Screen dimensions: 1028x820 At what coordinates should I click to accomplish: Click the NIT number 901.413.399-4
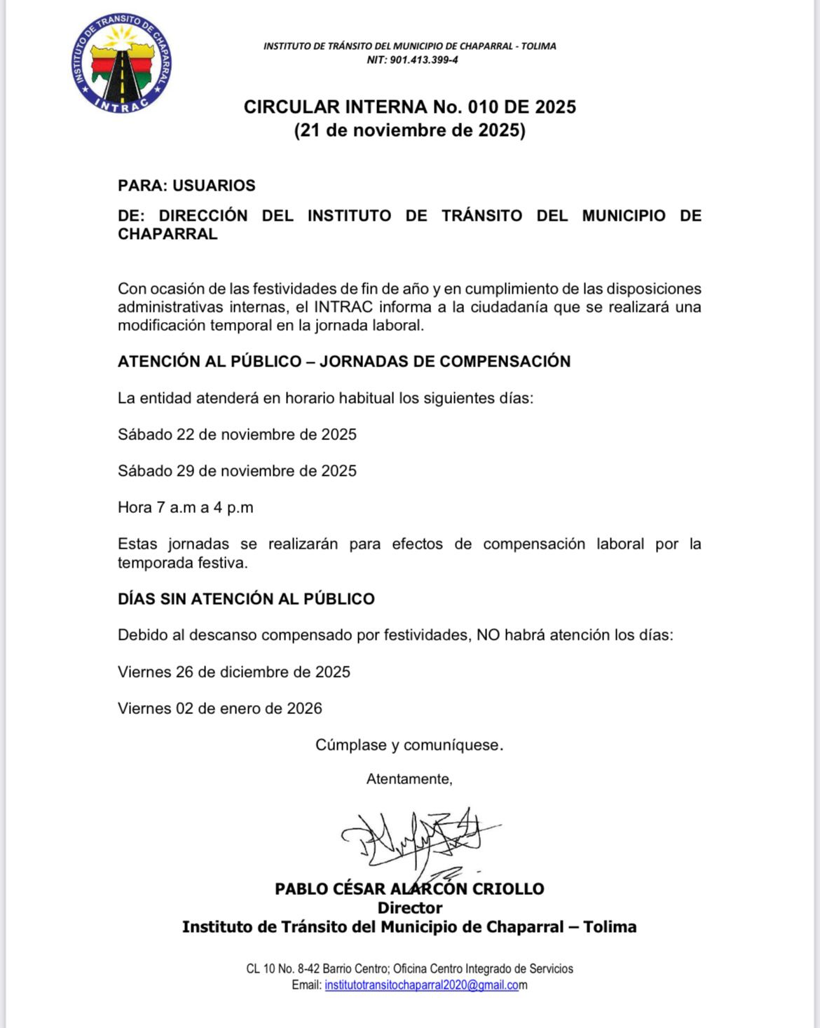412,60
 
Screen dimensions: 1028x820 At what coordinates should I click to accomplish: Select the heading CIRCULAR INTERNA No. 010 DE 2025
410,107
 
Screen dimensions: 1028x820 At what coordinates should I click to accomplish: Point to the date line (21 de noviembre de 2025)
410,130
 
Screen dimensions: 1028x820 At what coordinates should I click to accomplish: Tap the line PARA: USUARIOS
186,186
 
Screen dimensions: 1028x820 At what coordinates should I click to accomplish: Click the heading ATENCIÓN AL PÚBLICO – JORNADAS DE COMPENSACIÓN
344,362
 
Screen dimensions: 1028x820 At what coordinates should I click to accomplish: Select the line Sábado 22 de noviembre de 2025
237,434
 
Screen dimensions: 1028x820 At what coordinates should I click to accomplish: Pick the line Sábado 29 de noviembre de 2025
237,471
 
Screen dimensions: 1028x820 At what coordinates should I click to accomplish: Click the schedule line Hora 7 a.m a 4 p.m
186,507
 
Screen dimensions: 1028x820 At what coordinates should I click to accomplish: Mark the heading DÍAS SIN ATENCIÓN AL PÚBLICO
246,599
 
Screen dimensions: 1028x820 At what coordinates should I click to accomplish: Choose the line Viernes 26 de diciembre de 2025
234,672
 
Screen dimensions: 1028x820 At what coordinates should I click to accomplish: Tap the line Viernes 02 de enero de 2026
220,708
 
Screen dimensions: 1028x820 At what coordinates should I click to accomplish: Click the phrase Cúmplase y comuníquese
409,745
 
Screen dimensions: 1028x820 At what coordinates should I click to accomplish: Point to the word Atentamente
409,779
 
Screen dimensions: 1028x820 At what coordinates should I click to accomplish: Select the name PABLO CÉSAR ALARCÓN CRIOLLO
409,889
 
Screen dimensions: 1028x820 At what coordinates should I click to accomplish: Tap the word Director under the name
410,908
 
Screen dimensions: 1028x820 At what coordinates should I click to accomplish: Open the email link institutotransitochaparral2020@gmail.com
422,985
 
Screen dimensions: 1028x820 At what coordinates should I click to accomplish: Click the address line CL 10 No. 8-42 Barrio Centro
409,969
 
